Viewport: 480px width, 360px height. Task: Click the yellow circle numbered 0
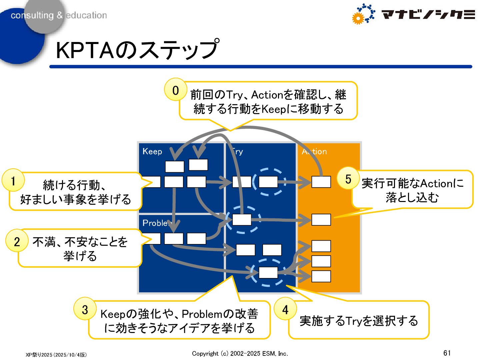175,90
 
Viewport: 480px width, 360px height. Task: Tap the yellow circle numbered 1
13,180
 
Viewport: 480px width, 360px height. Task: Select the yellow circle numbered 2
17,241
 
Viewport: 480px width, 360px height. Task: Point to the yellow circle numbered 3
85,309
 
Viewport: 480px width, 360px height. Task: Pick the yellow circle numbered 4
285,309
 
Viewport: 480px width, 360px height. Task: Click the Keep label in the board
152,151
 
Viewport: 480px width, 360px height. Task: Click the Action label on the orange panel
314,152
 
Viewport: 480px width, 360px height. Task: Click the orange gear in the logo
358,18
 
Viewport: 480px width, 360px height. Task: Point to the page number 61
447,353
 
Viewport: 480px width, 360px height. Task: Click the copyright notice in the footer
240,353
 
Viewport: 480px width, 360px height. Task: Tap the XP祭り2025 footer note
56,355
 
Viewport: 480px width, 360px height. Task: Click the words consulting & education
59,15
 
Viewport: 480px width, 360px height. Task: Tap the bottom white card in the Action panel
321,276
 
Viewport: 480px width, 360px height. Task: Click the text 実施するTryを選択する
359,321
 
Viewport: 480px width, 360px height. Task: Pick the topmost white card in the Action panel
321,182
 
